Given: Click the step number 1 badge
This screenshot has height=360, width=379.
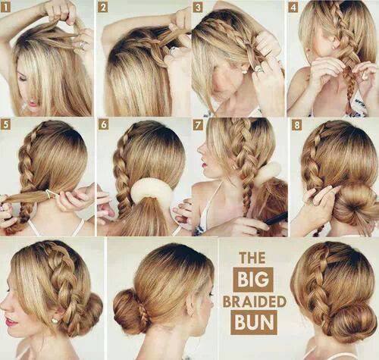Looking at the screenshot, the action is click(5, 8).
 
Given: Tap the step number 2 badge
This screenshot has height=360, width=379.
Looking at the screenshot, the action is click(103, 8).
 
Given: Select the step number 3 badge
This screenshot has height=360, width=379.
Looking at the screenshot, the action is click(198, 8).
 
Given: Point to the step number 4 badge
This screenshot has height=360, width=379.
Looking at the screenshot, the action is click(293, 8).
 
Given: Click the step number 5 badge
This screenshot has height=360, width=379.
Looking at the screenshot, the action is click(5, 125).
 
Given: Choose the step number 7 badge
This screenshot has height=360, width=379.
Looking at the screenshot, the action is click(198, 125).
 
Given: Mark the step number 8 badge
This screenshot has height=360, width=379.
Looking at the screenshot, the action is click(296, 125).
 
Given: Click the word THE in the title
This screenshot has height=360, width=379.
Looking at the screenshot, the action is click(252, 258).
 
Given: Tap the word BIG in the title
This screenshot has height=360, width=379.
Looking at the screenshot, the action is click(253, 280).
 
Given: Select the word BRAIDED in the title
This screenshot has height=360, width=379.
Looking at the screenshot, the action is click(255, 302).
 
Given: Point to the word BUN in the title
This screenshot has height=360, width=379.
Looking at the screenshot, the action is click(254, 322).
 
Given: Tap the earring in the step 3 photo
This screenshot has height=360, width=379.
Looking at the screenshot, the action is click(245, 72).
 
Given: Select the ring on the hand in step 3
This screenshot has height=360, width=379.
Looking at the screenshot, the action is click(260, 69).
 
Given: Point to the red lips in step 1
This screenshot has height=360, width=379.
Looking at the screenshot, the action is click(33, 104).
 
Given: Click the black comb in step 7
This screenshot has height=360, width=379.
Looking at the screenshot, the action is click(276, 219).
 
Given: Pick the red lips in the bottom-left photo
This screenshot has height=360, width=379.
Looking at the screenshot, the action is click(11, 322).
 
